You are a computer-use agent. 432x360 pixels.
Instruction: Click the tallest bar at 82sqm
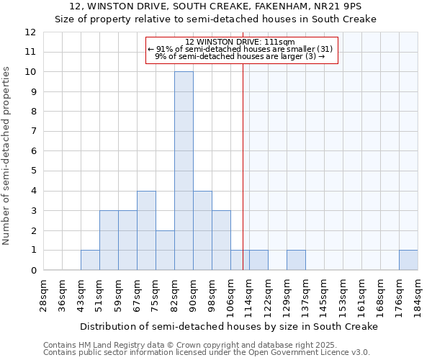pos(184,171)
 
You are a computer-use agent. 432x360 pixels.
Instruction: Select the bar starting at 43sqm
pos(90,261)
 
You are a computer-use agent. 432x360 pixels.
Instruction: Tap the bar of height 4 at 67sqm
pos(146,230)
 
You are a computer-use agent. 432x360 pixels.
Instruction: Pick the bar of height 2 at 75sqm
pos(165,251)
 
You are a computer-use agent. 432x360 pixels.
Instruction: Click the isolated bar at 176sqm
pos(408,261)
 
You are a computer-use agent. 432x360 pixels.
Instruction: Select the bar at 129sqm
pos(296,261)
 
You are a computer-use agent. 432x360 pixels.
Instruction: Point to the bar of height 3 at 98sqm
pos(221,240)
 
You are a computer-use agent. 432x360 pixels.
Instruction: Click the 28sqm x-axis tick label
pos(44,294)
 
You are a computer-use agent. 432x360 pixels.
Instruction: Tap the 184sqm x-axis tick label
pos(418,294)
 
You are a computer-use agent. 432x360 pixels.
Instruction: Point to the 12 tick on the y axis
pos(30,32)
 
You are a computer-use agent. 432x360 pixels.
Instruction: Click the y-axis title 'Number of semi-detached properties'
pos(7,156)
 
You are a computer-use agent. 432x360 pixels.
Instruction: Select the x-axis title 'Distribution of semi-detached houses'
pos(229,326)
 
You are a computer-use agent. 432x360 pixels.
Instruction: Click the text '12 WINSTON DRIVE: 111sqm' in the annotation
pos(240,42)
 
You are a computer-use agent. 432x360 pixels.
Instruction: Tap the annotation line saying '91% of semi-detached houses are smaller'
pos(240,49)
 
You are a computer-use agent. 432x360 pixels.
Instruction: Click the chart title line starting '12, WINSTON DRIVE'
pos(216,6)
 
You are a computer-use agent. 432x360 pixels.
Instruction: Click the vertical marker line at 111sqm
pos(243,180)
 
